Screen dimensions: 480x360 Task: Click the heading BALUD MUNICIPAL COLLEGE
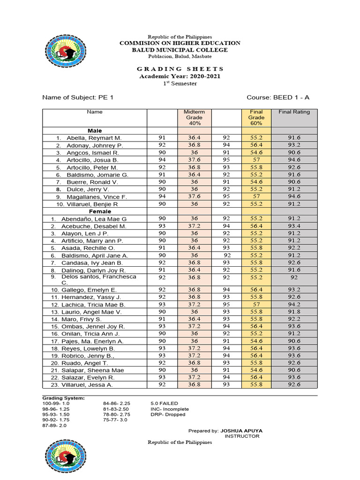pos(180,50)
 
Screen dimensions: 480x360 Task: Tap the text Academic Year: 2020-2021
pos(180,76)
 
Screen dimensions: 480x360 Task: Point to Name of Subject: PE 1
pos(78,97)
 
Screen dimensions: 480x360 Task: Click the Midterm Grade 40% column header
pos(195,118)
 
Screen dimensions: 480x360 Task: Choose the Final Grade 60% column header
pos(257,118)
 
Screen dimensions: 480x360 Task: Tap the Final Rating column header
pos(294,112)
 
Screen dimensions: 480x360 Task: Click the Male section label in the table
pos(95,130)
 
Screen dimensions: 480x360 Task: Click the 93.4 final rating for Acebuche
pos(294,226)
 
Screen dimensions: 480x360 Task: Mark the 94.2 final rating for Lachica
pos(294,304)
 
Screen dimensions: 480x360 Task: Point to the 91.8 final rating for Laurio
pos(294,311)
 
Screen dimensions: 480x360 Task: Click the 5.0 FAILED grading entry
pos(164,403)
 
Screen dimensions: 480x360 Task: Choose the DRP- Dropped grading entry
pos(168,414)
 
